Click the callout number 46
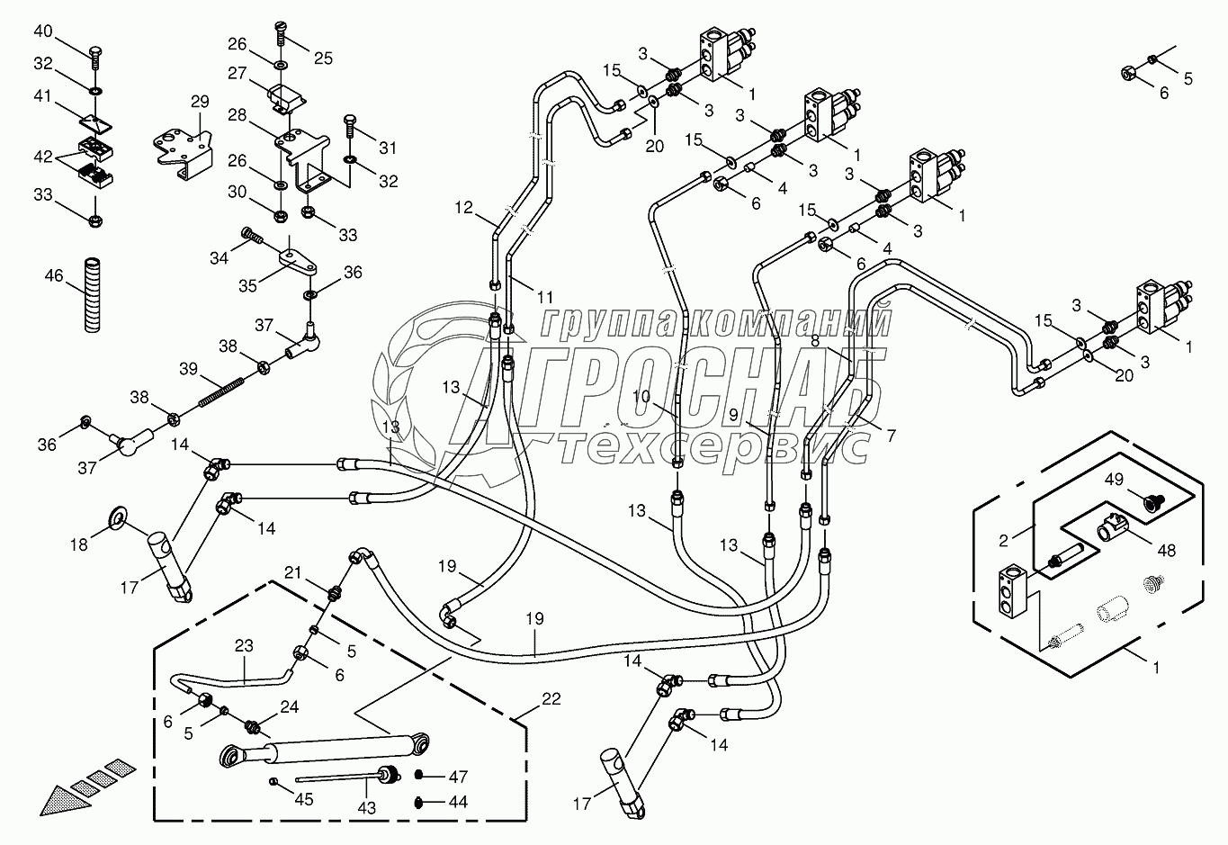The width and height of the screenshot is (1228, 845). [x=54, y=275]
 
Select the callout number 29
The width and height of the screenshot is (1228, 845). [x=199, y=102]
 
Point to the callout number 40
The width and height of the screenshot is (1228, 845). [x=43, y=31]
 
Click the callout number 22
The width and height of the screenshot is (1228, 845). [x=551, y=699]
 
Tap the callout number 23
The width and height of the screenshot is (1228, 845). [x=244, y=645]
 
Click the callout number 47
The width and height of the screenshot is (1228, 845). [x=458, y=776]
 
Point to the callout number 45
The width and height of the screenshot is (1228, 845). [x=304, y=799]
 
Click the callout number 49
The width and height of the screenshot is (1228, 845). [x=1113, y=479]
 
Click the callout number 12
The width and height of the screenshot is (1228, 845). [x=462, y=208]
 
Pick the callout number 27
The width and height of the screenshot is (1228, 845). [x=237, y=74]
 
